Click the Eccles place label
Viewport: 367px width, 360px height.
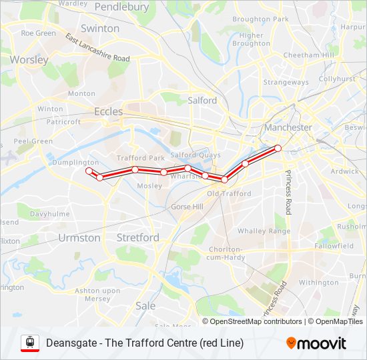[x=108, y=111]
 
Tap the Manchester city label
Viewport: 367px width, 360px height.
[x=288, y=127]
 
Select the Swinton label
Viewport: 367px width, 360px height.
[x=99, y=29]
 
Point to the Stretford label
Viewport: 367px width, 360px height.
[x=137, y=237]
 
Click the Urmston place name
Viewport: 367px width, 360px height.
[x=79, y=237]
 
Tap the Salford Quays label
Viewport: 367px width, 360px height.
[x=196, y=155]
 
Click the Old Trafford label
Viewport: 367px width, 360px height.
[x=229, y=193]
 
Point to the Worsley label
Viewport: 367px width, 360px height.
[x=29, y=59]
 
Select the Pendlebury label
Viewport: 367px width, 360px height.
[x=121, y=7]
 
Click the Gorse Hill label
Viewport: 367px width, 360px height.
[x=187, y=207]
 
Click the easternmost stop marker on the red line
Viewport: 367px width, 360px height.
[x=278, y=148]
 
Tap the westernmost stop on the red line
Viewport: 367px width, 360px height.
[x=89, y=171]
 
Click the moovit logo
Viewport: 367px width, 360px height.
[x=316, y=343]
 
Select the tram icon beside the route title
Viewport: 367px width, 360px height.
[x=29, y=343]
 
